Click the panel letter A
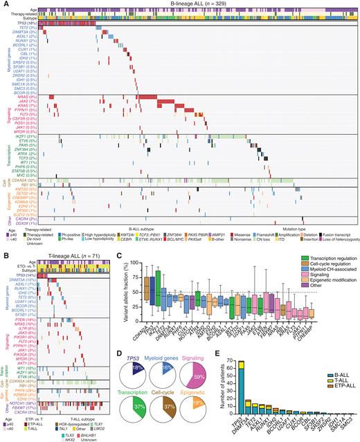coord(3,4)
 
